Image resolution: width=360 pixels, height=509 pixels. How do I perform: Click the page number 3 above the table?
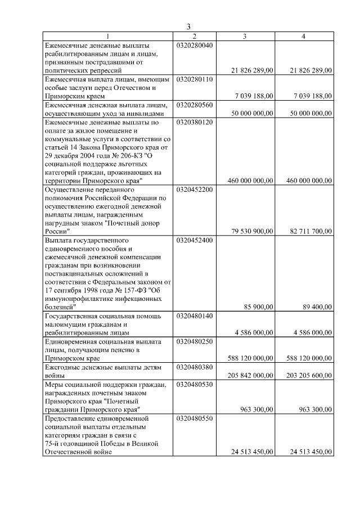point(189,27)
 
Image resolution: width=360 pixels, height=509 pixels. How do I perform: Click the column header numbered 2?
point(194,37)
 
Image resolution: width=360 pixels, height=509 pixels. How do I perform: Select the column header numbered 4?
point(303,37)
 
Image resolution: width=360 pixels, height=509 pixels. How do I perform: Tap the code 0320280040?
point(195,45)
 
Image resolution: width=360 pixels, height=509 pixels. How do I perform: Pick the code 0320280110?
point(195,79)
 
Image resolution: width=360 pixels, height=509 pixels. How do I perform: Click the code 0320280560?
point(195,105)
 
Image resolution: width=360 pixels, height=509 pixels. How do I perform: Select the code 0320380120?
point(195,121)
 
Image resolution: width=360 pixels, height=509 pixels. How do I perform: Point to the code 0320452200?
point(195,190)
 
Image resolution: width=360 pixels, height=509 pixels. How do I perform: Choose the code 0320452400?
point(195,240)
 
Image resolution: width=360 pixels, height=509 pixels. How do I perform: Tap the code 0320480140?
point(195,316)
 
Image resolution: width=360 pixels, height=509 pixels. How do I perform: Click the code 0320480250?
point(195,341)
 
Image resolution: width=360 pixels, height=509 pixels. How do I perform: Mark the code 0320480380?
point(195,367)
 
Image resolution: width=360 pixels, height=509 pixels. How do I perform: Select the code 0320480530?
point(195,384)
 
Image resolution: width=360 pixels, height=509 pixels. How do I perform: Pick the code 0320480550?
point(195,418)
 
